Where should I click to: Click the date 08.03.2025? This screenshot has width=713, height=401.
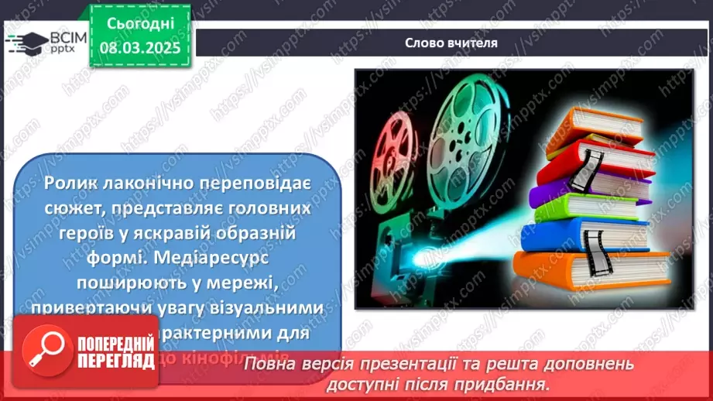click(139, 48)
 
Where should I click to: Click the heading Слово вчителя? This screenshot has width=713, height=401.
click(451, 43)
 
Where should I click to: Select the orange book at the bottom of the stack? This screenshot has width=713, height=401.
click(592, 269)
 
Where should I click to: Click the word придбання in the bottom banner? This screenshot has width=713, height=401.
click(512, 383)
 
